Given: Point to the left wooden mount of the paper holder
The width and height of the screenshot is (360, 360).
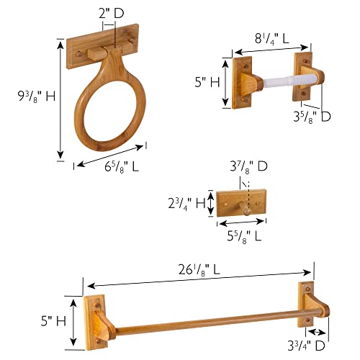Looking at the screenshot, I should point(243,84).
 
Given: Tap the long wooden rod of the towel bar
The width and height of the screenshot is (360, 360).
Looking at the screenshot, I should point(209,322).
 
